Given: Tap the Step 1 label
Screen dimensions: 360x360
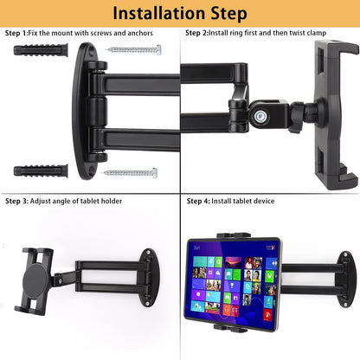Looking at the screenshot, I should pyautogui.click(x=16, y=33).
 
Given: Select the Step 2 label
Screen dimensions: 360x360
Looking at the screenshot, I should pyautogui.click(x=196, y=33).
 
